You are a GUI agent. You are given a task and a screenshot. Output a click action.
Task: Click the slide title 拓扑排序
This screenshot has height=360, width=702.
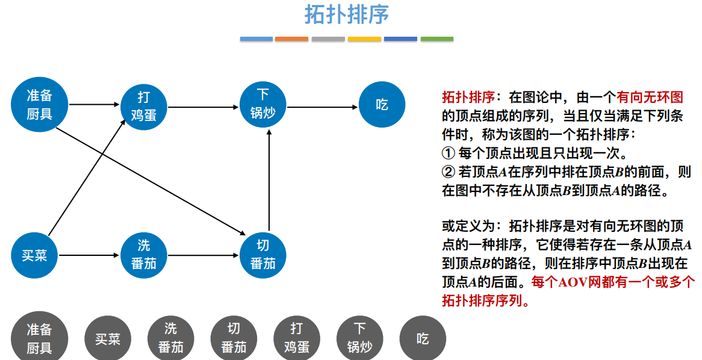(x=346, y=14)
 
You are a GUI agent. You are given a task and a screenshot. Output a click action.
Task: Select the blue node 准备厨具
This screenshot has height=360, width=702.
(x=40, y=105)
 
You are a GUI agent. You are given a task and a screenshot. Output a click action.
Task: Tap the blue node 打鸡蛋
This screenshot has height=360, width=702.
(x=143, y=106)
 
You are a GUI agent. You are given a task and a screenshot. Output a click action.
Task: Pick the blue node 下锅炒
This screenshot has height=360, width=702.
(x=263, y=104)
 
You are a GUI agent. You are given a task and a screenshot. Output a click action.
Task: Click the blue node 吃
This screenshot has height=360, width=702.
(x=382, y=105)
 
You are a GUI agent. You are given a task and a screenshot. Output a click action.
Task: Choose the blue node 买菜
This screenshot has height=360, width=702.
(x=34, y=255)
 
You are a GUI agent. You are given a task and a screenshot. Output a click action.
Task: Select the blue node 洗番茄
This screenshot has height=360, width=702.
(x=143, y=255)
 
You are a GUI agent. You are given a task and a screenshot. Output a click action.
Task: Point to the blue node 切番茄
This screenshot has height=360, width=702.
(x=263, y=255)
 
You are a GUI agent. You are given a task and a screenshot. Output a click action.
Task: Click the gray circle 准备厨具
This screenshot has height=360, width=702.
(x=40, y=338)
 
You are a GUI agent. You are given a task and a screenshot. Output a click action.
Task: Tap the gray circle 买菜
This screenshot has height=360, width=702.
(x=108, y=339)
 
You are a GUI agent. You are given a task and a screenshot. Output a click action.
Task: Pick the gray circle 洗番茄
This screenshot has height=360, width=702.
(x=171, y=338)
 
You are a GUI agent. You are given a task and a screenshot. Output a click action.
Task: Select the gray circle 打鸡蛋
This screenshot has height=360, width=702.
(x=296, y=338)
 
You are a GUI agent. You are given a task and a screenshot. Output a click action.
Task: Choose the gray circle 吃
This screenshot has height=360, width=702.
(x=423, y=338)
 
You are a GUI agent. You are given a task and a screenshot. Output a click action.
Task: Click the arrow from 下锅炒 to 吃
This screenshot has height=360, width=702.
(x=323, y=107)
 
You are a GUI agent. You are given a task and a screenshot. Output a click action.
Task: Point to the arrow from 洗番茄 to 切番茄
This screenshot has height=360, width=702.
(x=203, y=255)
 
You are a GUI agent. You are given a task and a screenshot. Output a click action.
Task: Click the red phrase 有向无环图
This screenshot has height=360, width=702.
(x=649, y=97)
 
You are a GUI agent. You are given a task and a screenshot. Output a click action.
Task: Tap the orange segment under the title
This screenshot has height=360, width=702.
(x=291, y=39)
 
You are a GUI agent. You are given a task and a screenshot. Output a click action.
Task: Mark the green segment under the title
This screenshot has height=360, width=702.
(x=436, y=39)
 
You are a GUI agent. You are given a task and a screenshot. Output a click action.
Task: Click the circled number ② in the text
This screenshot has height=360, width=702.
(x=449, y=172)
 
